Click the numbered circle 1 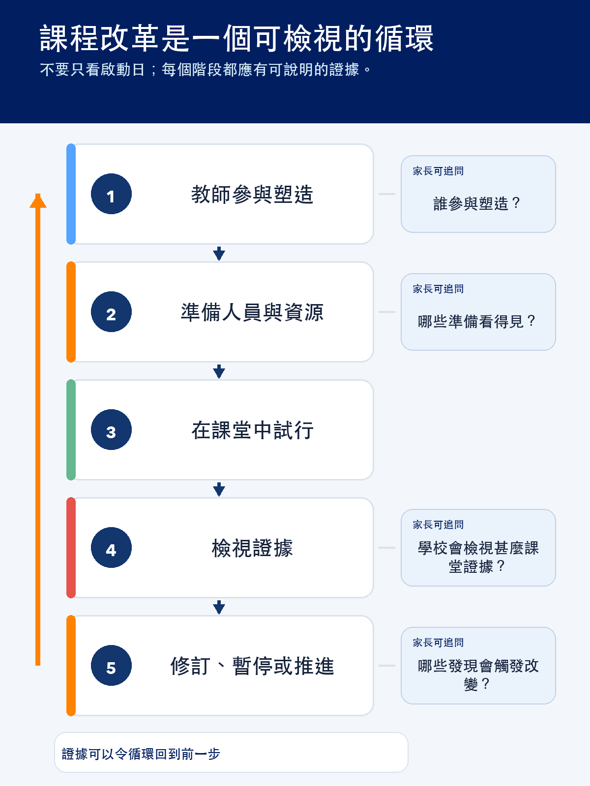tap(111, 194)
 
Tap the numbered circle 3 tap(111, 430)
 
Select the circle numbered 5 tap(111, 665)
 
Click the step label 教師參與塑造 tap(252, 195)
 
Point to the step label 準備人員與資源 tap(252, 312)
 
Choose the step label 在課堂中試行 tap(252, 430)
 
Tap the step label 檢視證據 tap(252, 548)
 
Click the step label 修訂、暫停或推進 tap(252, 666)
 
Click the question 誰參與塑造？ tap(477, 203)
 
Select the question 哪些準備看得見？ tap(477, 321)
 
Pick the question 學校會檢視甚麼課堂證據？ tap(478, 557)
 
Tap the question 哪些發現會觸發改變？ tap(478, 675)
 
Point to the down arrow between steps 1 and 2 tap(219, 253)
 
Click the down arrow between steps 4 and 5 tap(219, 607)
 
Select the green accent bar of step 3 tap(71, 430)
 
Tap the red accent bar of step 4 tap(71, 548)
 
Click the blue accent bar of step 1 tap(71, 194)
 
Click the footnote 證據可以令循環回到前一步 tap(141, 754)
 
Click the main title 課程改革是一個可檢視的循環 tap(237, 38)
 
